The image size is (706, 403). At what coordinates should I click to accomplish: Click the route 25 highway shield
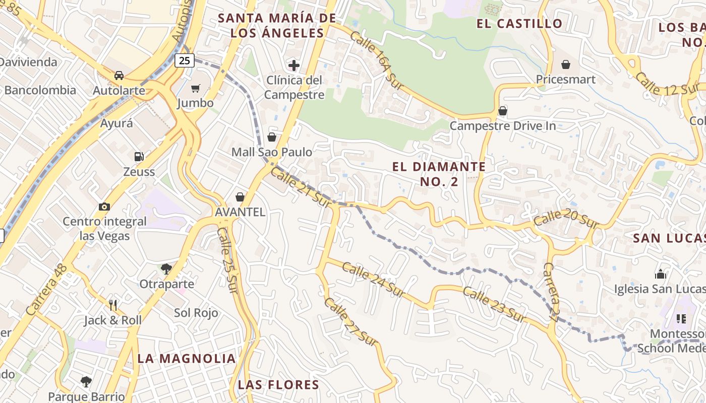click(x=185, y=60)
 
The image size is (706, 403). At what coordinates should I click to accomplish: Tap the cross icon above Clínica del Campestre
click(x=293, y=65)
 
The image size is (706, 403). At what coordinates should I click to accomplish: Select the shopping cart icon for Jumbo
click(x=195, y=89)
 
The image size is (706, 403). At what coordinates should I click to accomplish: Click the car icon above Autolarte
click(x=119, y=76)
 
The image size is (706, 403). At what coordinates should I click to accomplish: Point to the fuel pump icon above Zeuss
click(x=139, y=157)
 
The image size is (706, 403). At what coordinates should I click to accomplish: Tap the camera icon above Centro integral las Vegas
click(x=104, y=207)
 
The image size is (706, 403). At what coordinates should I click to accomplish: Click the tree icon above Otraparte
click(x=166, y=269)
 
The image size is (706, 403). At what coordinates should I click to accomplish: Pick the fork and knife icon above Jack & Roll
click(x=113, y=305)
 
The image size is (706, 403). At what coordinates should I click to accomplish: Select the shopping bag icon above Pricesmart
click(x=565, y=64)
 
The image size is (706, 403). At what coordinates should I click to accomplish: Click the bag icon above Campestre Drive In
click(x=502, y=111)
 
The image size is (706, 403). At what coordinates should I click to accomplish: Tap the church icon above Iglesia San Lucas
click(x=660, y=274)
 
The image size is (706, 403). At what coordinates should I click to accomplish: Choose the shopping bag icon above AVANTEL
click(x=240, y=197)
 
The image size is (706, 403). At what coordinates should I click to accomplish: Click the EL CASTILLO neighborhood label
click(x=519, y=23)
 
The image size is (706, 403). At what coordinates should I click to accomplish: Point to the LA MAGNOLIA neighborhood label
click(x=187, y=358)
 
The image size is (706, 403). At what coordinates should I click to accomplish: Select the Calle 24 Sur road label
click(x=373, y=280)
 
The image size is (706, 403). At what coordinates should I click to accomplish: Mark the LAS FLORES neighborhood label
click(x=278, y=385)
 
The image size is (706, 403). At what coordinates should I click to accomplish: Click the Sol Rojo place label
click(x=196, y=313)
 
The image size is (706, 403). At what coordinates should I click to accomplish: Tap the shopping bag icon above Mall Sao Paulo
click(x=272, y=137)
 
